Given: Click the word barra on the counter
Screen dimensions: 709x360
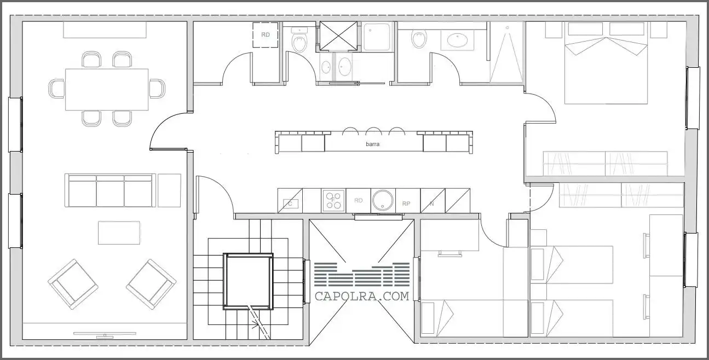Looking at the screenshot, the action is click(x=372, y=144).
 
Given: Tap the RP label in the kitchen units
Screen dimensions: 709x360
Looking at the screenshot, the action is click(x=406, y=204).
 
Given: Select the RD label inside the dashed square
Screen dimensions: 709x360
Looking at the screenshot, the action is click(x=265, y=35).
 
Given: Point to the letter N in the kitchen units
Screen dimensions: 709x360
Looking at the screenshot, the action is click(x=432, y=204).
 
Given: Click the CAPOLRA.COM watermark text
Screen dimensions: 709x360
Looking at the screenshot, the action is click(x=362, y=297).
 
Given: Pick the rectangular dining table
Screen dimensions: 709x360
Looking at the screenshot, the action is click(x=107, y=90).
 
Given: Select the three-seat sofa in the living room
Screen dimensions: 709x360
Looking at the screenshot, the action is click(x=110, y=190).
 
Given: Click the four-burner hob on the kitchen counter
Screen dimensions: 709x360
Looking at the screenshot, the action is click(x=333, y=201).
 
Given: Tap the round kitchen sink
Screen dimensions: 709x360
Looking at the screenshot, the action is click(x=383, y=201).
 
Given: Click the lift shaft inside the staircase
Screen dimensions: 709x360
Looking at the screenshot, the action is click(x=248, y=281).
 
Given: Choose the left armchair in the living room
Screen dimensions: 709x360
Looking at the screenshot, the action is click(x=73, y=284).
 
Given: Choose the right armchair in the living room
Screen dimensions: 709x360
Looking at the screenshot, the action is click(x=151, y=284).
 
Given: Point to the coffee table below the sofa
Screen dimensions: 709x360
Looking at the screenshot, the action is click(x=119, y=233).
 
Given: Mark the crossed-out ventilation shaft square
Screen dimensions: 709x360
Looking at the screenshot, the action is click(x=338, y=36).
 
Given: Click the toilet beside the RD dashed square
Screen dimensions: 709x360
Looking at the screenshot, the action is click(x=299, y=40).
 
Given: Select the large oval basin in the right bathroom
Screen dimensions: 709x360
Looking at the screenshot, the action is click(x=457, y=40).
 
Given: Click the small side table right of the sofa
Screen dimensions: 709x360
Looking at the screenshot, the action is click(x=169, y=190).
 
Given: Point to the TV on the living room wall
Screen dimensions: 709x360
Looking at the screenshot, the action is click(x=105, y=334).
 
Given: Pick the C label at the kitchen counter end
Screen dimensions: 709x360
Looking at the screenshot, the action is click(x=290, y=204).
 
